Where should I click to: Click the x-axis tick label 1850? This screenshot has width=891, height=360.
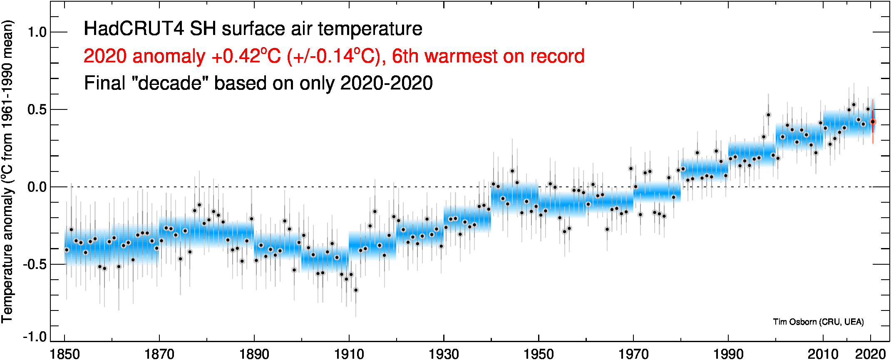point(65,354)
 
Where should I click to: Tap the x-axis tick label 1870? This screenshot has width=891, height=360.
point(159,354)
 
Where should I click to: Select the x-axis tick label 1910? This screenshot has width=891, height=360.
point(349,354)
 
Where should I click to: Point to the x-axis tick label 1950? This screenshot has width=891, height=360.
point(539,354)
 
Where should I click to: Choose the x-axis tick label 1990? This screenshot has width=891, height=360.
point(728,354)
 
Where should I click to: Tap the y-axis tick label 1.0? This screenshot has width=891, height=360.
point(37,32)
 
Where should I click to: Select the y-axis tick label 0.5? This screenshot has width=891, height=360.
point(37,109)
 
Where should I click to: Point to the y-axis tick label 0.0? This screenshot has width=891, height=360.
point(37,187)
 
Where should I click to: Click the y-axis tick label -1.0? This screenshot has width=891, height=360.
point(35,336)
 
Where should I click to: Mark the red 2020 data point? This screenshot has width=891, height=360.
point(873,122)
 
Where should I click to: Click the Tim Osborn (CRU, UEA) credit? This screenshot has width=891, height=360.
point(818,322)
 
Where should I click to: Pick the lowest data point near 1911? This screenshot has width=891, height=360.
point(355,290)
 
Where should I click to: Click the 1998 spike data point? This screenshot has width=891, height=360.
point(768,115)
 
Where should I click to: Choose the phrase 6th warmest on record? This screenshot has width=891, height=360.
point(488,56)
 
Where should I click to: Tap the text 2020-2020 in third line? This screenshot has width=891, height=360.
point(387,83)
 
